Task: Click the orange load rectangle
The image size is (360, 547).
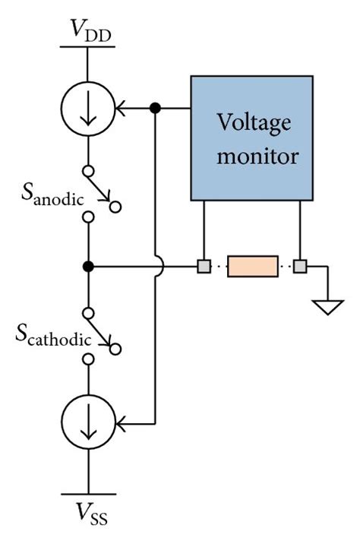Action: [252, 267]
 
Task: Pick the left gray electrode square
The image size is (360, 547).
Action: [204, 267]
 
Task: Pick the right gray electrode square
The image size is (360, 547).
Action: [301, 267]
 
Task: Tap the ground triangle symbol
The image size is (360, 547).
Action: [327, 307]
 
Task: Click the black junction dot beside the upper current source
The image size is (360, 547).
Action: [155, 109]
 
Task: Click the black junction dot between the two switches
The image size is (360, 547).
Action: [88, 267]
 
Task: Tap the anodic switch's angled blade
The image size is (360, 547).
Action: [102, 192]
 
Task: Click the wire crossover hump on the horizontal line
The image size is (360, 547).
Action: [155, 265]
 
